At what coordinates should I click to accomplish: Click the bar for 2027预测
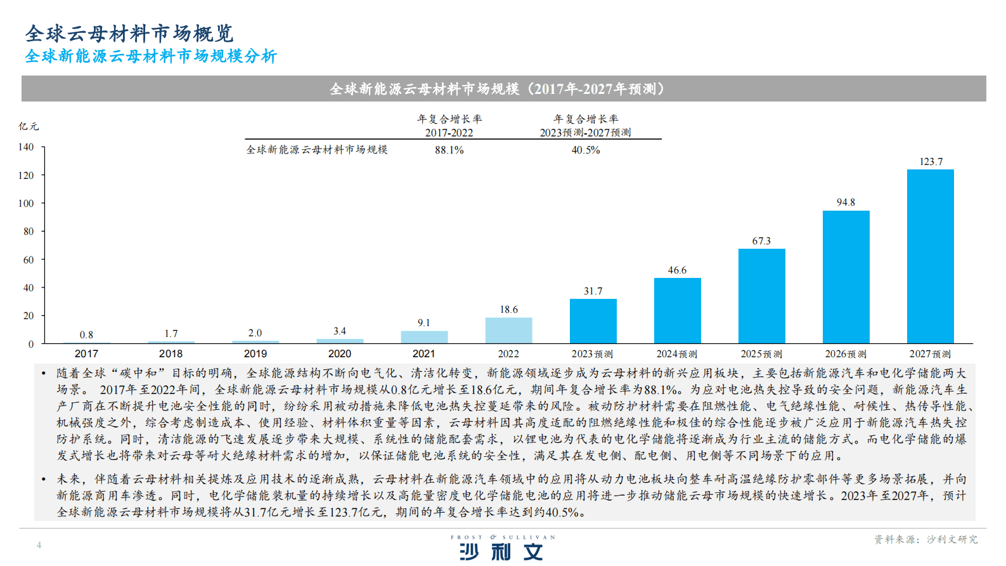pos(930,256)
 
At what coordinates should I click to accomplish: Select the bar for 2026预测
pos(846,277)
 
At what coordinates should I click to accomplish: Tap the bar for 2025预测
pos(761,296)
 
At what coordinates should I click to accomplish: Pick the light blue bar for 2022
pos(508,331)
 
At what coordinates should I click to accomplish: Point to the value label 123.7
pos(931,162)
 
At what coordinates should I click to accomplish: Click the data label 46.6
pos(677,270)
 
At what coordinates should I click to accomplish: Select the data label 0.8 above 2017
pos(86,335)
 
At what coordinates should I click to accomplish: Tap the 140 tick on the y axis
pos(26,147)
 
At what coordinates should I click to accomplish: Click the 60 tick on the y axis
pos(29,260)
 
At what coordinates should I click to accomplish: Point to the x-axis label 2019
pos(255,354)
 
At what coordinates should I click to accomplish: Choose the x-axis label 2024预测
pos(676,354)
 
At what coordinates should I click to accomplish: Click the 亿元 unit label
pos(29,126)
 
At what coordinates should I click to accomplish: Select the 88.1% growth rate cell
pos(449,150)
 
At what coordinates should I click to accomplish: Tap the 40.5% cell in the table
pos(585,150)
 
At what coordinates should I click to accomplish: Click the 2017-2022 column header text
pos(449,133)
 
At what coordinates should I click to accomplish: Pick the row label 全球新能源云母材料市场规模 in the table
pos(317,150)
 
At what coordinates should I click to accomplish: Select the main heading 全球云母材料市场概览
pos(129,33)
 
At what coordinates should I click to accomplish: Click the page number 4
pos(39,545)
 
